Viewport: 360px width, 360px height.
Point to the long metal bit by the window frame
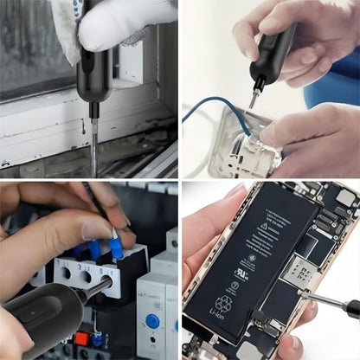tap(94, 138)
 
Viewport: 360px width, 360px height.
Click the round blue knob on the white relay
tap(152, 321)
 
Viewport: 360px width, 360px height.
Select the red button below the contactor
tap(82, 338)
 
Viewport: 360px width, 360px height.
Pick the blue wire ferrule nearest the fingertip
tap(115, 247)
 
